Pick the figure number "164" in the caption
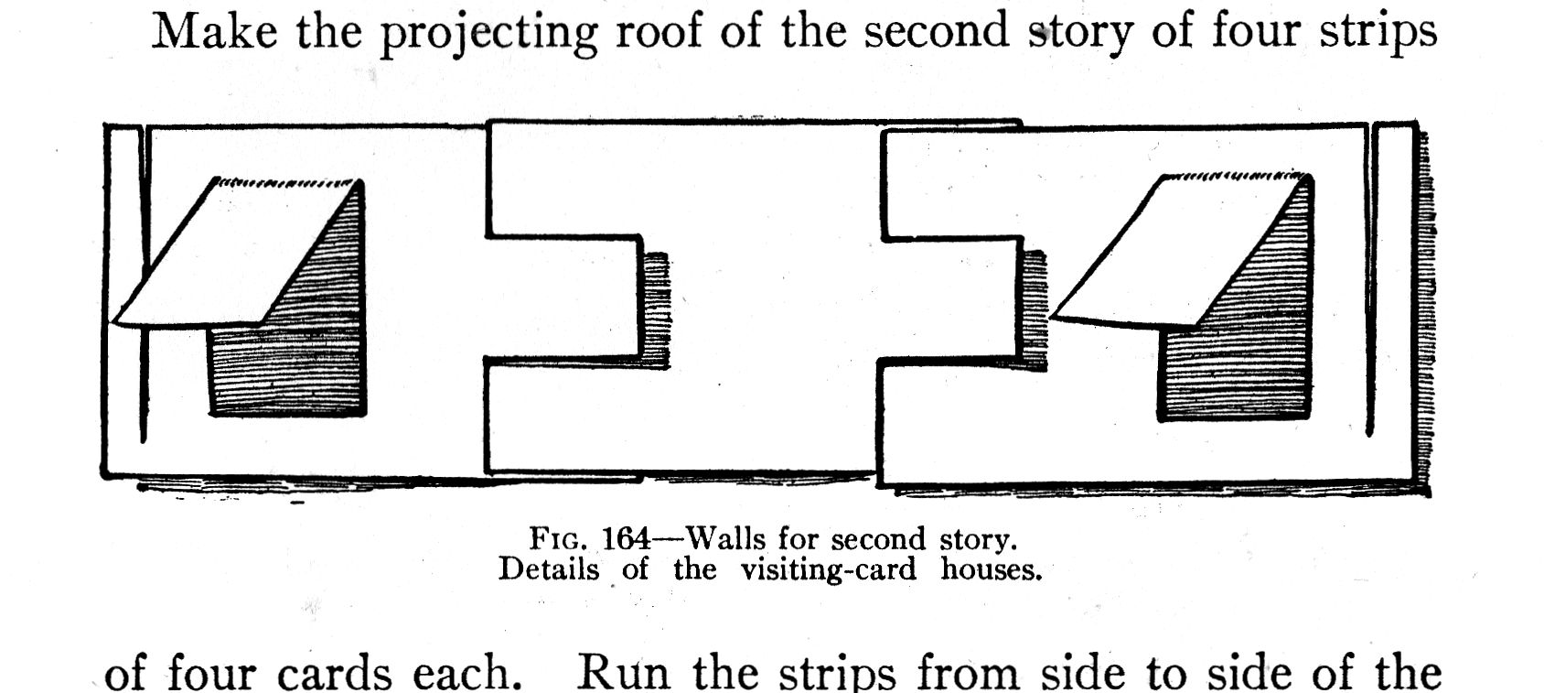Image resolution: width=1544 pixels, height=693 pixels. click(x=626, y=539)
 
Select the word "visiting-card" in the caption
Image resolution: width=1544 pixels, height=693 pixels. click(x=828, y=570)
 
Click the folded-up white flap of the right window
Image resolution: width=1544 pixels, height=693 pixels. click(x=1171, y=252)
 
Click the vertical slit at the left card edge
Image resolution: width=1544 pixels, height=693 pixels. click(x=143, y=284)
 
